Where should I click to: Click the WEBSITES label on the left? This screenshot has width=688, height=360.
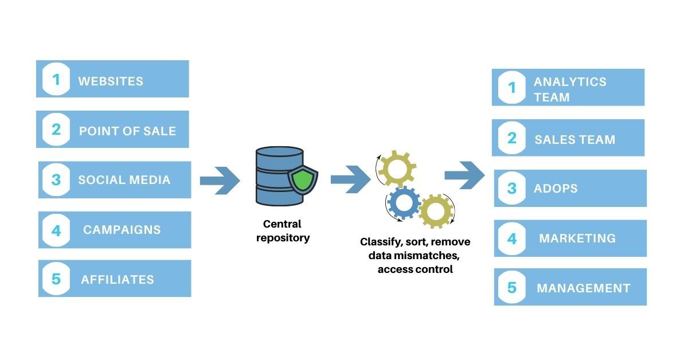111,81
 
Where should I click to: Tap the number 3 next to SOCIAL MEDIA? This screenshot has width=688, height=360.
56,179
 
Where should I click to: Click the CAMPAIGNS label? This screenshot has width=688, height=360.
122,230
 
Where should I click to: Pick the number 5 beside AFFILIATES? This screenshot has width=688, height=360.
56,279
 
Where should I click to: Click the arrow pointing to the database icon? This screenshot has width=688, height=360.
220,181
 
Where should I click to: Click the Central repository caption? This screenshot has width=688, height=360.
282,230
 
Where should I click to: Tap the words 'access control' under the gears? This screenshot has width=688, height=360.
415,269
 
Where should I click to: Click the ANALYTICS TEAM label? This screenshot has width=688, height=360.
569,89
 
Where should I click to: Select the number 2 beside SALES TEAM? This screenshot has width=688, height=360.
512,138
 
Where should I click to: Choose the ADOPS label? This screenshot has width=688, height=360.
555,188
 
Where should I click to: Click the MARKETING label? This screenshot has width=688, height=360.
577,238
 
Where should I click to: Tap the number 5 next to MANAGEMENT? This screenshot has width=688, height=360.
512,287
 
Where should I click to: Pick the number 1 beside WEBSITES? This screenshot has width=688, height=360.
56,80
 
